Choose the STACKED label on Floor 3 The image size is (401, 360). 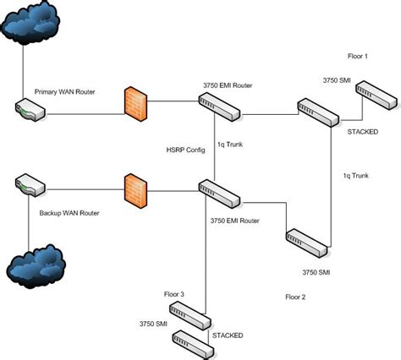228,335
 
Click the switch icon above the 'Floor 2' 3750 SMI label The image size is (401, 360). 305,241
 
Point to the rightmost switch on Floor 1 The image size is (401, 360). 375,95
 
